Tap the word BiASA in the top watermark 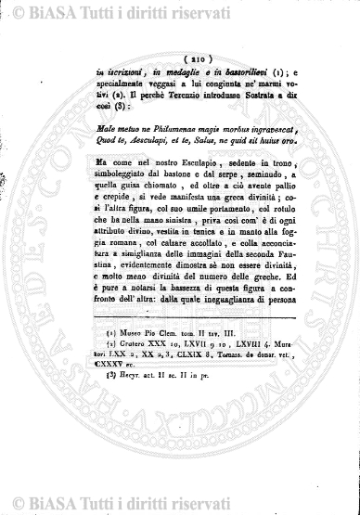50,13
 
